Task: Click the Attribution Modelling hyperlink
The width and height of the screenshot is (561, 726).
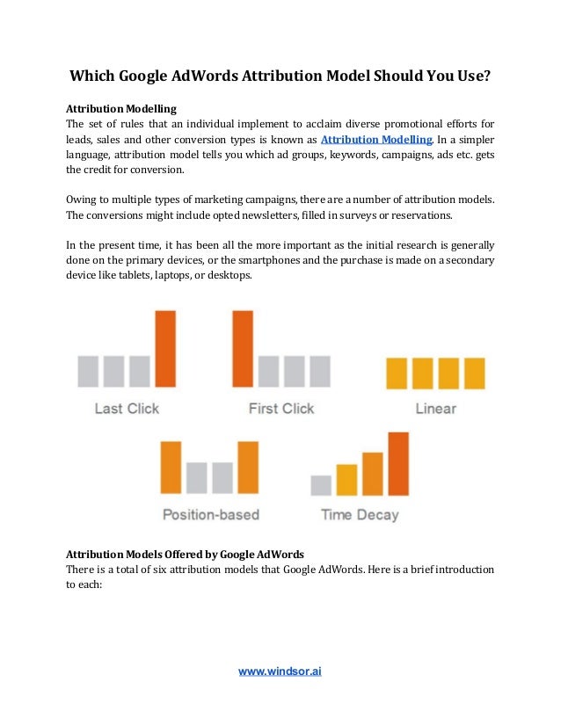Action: pyautogui.click(x=376, y=139)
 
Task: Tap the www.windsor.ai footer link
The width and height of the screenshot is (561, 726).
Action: pyautogui.click(x=280, y=672)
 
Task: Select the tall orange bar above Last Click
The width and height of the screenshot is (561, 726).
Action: pyautogui.click(x=165, y=349)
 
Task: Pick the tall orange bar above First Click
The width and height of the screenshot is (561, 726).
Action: pyautogui.click(x=243, y=349)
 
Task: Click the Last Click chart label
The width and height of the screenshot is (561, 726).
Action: pyautogui.click(x=127, y=408)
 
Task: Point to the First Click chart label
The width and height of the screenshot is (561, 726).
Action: pyautogui.click(x=280, y=408)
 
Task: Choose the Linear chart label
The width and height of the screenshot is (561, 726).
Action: pyautogui.click(x=435, y=408)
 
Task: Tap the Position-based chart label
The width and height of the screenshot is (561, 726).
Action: pyautogui.click(x=210, y=514)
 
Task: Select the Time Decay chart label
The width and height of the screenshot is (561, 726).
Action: pyautogui.click(x=360, y=514)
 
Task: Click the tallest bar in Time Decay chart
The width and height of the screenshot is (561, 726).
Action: pyautogui.click(x=398, y=463)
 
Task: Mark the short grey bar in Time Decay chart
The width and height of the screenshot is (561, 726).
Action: pyautogui.click(x=322, y=485)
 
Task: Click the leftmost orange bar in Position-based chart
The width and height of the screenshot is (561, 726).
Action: pyautogui.click(x=171, y=468)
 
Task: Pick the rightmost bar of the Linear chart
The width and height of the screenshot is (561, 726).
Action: pyautogui.click(x=475, y=373)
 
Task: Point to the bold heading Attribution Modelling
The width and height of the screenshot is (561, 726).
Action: pyautogui.click(x=122, y=109)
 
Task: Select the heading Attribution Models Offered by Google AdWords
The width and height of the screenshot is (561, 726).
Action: pyautogui.click(x=186, y=555)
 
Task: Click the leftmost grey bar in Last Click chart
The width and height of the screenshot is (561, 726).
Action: pyautogui.click(x=88, y=371)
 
